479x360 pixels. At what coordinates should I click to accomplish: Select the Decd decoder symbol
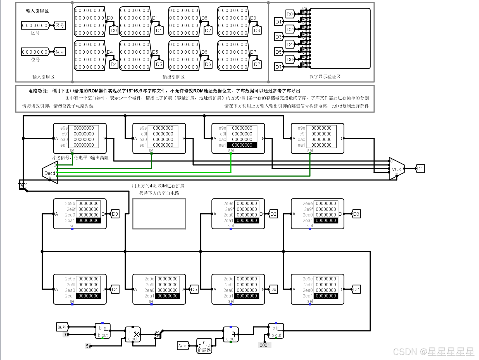(x=50, y=173)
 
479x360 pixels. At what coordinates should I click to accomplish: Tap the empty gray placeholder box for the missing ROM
(x=159, y=214)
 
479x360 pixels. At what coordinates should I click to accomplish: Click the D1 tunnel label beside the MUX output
(x=420, y=169)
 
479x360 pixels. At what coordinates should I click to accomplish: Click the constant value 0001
(x=264, y=345)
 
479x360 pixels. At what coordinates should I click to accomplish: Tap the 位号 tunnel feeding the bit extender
(x=183, y=346)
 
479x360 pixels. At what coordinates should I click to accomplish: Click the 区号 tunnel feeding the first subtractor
(x=62, y=327)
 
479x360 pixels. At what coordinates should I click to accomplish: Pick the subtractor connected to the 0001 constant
(x=276, y=331)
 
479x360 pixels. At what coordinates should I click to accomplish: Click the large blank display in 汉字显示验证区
(x=340, y=38)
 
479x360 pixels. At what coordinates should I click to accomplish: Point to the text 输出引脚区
(x=173, y=77)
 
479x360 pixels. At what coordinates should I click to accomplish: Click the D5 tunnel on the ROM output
(x=194, y=289)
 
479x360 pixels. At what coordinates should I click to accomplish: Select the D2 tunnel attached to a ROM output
(x=273, y=214)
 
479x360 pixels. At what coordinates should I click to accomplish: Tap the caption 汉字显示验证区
(x=325, y=77)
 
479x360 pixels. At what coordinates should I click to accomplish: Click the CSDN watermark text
(x=433, y=352)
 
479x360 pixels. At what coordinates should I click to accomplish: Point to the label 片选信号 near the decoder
(x=61, y=158)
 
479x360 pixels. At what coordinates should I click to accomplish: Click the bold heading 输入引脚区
(x=37, y=11)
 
